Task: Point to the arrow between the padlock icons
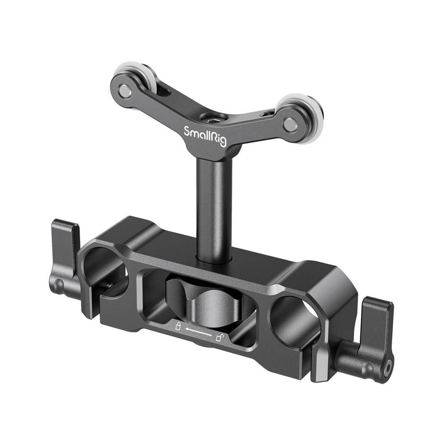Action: coord(198,332)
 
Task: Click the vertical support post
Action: coord(208,208)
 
